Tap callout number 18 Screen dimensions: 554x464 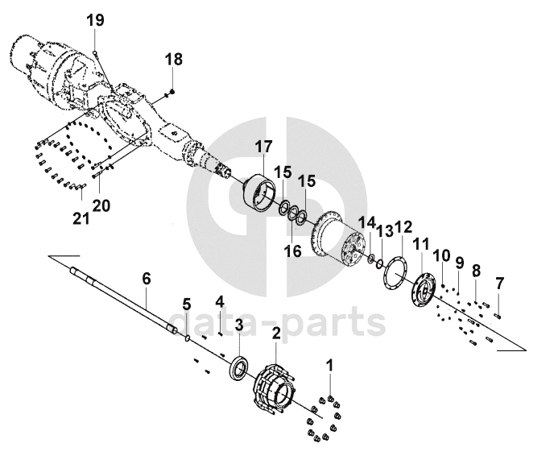pyautogui.click(x=174, y=59)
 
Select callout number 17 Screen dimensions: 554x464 pyautogui.click(x=265, y=147)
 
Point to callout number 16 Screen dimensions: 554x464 pyautogui.click(x=292, y=251)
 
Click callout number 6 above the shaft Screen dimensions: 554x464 pyautogui.click(x=147, y=279)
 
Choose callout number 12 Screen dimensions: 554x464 pyautogui.click(x=403, y=228)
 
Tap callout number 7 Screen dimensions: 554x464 pyautogui.click(x=499, y=283)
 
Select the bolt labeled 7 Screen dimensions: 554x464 pyautogui.click(x=498, y=314)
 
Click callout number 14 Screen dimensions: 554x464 pyautogui.click(x=367, y=222)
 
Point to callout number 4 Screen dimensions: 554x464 pyautogui.click(x=219, y=302)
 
